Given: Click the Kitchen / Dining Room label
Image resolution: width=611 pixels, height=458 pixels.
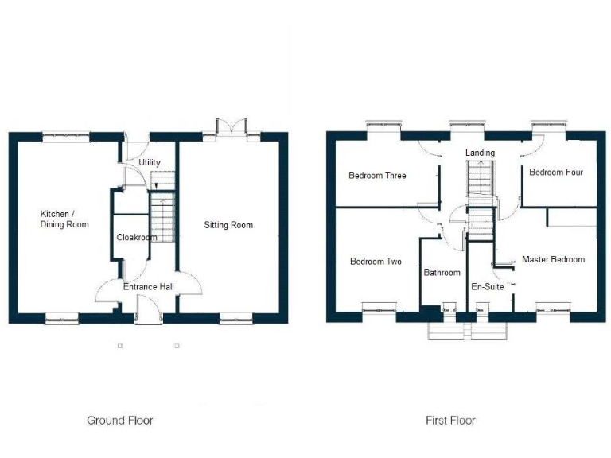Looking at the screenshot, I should pyautogui.click(x=64, y=219).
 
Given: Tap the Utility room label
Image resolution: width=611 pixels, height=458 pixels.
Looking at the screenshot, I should pyautogui.click(x=150, y=162).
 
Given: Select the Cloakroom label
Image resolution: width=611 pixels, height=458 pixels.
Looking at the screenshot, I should pyautogui.click(x=136, y=237).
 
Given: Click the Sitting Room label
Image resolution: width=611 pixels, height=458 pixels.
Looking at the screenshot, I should pyautogui.click(x=228, y=225).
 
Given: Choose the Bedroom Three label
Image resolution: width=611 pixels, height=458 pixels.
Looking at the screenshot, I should pyautogui.click(x=377, y=175).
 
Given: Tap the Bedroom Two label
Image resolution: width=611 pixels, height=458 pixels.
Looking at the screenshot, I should pyautogui.click(x=376, y=261).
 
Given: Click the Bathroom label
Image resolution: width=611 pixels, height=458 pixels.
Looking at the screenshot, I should pyautogui.click(x=442, y=272).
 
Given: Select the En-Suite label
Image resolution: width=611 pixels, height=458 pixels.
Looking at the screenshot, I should pyautogui.click(x=487, y=286).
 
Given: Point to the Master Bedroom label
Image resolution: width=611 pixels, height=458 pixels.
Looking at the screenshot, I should pyautogui.click(x=553, y=259).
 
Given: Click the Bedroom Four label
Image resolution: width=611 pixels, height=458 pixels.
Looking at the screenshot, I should pyautogui.click(x=557, y=172).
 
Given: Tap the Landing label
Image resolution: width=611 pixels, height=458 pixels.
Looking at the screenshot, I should pyautogui.click(x=480, y=153).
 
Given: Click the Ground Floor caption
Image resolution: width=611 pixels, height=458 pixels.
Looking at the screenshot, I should pyautogui.click(x=119, y=420).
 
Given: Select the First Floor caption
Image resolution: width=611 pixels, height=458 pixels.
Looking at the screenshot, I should pyautogui.click(x=449, y=420).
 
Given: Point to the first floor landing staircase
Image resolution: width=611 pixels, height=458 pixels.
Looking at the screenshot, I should pyautogui.click(x=480, y=177).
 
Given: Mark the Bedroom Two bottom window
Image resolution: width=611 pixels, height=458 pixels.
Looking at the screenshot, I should pyautogui.click(x=379, y=309).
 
